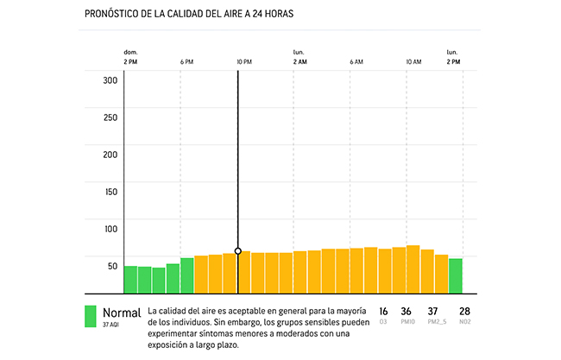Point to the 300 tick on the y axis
click(110, 80)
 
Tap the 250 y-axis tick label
click(110, 117)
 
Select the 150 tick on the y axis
click(110, 191)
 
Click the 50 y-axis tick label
click(112, 265)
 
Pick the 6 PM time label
click(186, 62)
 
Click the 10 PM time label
click(244, 62)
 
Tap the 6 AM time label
click(356, 62)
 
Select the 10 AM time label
click(413, 62)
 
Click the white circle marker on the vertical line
click(237, 251)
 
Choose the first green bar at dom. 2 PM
click(130, 280)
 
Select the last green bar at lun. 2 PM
click(455, 275)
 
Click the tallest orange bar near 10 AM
click(413, 269)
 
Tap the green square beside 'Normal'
click(91, 316)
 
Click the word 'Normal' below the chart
click(121, 312)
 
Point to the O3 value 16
click(383, 311)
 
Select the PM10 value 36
click(406, 311)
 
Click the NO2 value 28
click(464, 311)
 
